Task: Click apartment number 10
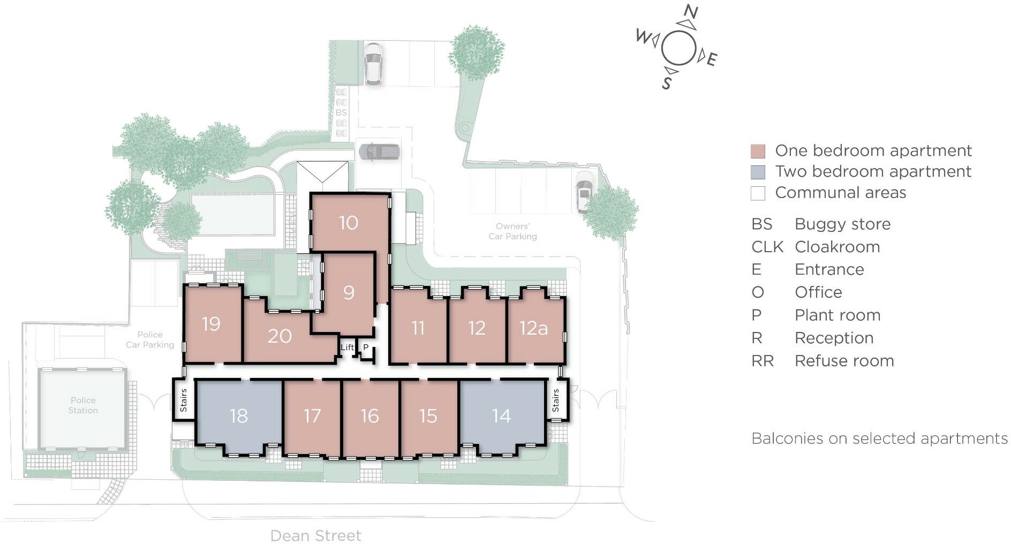tap(349, 223)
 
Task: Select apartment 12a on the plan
tap(533, 328)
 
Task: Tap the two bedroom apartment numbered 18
tap(238, 415)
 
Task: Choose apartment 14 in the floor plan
tap(501, 415)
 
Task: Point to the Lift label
tap(347, 347)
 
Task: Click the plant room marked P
tap(366, 347)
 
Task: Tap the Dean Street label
tap(316, 535)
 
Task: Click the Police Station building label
tap(83, 405)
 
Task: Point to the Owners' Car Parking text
tap(512, 231)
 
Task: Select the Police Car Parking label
tap(150, 339)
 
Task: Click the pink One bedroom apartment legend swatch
tap(758, 151)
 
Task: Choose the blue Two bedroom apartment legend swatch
tap(758, 172)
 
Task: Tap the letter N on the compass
tap(691, 12)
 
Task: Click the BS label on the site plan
tap(341, 113)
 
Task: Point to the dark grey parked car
tap(379, 152)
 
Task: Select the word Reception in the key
tap(834, 338)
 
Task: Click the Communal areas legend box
tap(758, 193)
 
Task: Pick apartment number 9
tap(349, 292)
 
